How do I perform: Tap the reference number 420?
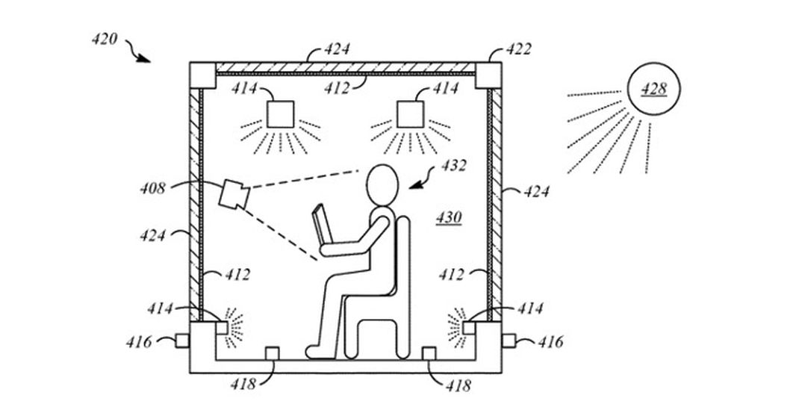pos(105,40)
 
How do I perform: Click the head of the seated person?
pos(382,185)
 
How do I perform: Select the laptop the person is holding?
pos(322,224)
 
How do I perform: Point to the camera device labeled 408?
pos(234,194)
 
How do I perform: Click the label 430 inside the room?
pos(449,218)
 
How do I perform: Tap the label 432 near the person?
pos(453,166)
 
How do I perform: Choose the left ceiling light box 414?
pos(280,114)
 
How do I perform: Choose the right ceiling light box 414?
pos(410,114)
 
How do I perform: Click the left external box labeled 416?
pos(182,341)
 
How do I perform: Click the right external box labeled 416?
pos(509,341)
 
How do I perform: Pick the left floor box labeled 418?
pos(273,353)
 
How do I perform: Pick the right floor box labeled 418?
pos(429,353)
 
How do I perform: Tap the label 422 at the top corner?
pos(519,49)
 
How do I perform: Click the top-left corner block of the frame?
pos(203,75)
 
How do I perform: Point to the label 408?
pos(153,188)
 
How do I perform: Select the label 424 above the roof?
pos(337,49)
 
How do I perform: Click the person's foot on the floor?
pos(320,352)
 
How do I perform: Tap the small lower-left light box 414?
pos(222,328)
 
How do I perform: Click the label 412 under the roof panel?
pos(337,89)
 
